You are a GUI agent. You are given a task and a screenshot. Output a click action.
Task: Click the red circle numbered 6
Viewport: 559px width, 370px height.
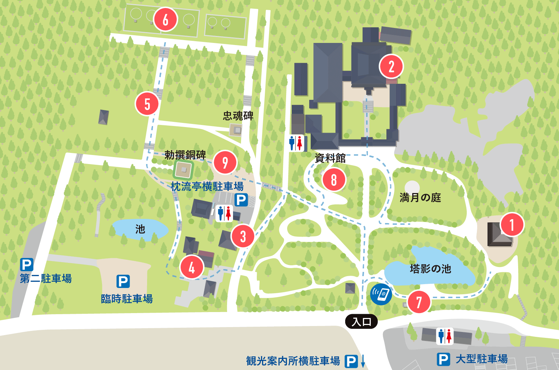coord(165,19)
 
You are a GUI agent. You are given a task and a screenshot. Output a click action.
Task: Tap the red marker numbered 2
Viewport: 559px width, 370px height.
coord(391,66)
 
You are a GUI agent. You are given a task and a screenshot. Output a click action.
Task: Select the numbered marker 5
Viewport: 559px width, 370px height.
coord(147,104)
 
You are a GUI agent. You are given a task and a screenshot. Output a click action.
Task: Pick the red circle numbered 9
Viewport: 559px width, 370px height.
coord(225,162)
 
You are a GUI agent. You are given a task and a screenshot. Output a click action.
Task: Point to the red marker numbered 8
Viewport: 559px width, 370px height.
coord(334,180)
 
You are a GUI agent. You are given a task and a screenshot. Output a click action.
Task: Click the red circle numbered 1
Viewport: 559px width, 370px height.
coord(512,224)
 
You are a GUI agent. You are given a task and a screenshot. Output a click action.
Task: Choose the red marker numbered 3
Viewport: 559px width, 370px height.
coord(243,236)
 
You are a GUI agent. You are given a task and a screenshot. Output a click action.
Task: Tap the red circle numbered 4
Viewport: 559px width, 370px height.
coord(191,267)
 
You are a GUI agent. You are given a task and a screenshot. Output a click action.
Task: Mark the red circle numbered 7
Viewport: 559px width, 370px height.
coord(419,302)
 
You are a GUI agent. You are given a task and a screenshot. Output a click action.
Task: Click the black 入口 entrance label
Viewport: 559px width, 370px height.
coord(361,321)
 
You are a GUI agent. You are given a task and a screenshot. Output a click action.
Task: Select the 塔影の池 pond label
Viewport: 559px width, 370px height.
coord(430,269)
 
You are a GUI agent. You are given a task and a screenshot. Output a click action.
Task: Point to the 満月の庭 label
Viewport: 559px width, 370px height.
coord(420,198)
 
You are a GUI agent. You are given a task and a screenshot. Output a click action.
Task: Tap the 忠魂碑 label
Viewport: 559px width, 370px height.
coord(238,116)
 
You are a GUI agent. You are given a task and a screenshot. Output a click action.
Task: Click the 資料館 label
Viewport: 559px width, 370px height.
coord(330,158)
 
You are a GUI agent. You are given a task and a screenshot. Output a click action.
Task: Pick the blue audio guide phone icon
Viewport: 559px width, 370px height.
coord(381,294)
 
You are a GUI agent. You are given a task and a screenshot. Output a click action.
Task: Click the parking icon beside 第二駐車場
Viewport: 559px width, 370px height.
coord(27,265)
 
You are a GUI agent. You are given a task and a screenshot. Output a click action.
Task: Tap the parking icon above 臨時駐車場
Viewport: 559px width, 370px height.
coord(123,281)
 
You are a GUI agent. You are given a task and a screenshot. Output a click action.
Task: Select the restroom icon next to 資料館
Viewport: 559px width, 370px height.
coord(296,143)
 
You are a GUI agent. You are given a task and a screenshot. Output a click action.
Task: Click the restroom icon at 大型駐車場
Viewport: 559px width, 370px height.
coord(445,336)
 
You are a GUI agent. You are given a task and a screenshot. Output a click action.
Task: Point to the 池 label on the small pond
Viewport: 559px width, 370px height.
coord(140,229)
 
